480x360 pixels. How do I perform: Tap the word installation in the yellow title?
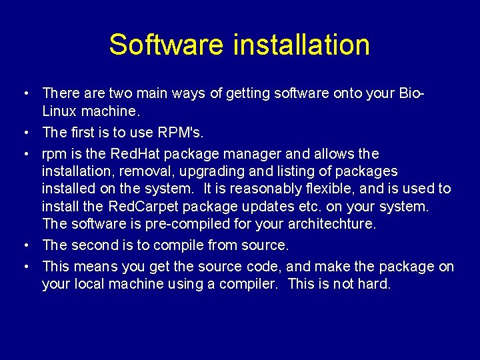[301, 45]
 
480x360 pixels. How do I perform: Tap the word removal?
[147, 171]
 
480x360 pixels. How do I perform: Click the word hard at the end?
[374, 283]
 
